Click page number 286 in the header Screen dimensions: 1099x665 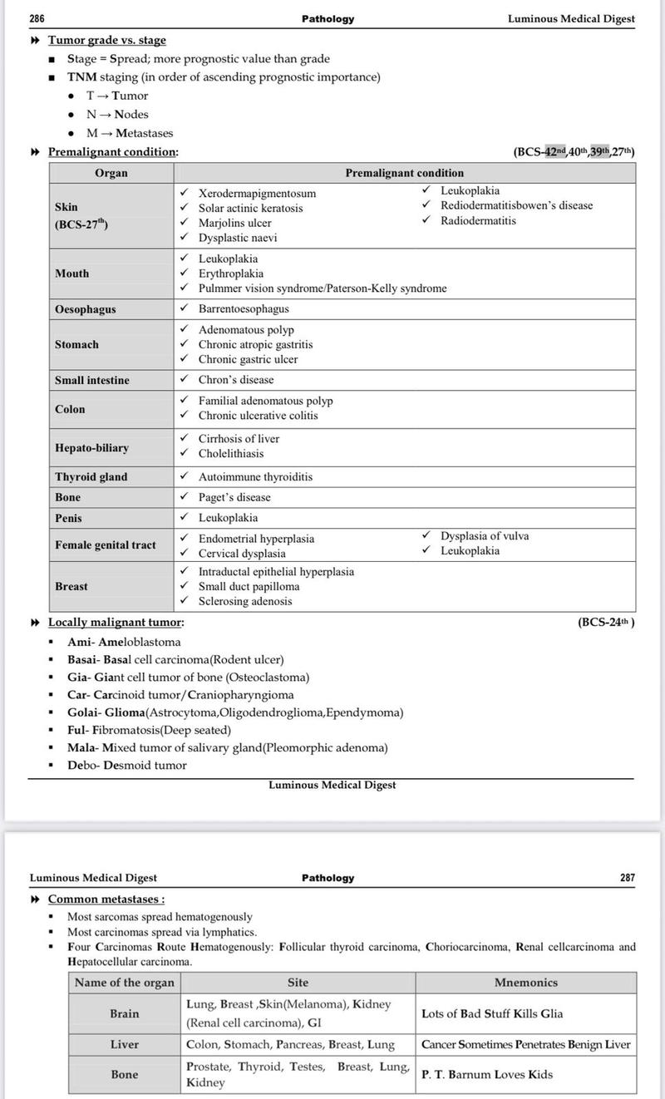pyautogui.click(x=37, y=18)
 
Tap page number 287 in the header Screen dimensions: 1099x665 pyautogui.click(x=628, y=878)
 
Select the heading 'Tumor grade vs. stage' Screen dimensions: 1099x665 pyautogui.click(x=106, y=40)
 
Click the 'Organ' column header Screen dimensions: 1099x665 pyautogui.click(x=111, y=173)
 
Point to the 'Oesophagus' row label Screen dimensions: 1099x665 pyautogui.click(x=86, y=309)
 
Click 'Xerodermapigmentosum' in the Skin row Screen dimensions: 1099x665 pyautogui.click(x=257, y=193)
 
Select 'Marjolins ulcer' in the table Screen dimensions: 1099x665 pyautogui.click(x=234, y=223)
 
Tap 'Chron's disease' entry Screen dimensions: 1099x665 pyautogui.click(x=235, y=380)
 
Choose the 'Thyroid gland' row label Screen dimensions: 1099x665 pyautogui.click(x=91, y=477)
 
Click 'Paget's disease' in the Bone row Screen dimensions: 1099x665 pyautogui.click(x=234, y=497)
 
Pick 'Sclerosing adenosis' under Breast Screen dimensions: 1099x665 pyautogui.click(x=244, y=601)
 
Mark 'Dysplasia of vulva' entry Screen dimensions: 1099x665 pyautogui.click(x=484, y=536)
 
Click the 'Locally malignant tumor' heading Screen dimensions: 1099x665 pyautogui.click(x=116, y=622)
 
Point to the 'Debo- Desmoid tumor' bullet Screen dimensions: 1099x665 pyautogui.click(x=127, y=765)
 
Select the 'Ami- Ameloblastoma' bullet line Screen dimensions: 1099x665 pyautogui.click(x=124, y=642)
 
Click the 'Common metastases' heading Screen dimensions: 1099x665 pyautogui.click(x=106, y=899)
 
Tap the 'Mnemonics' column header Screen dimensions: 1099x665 pyautogui.click(x=525, y=982)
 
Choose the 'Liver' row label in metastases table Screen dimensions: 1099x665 pyautogui.click(x=125, y=1044)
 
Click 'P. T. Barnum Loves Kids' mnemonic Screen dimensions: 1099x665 pyautogui.click(x=486, y=1074)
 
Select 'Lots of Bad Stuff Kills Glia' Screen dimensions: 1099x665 pyautogui.click(x=492, y=1013)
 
